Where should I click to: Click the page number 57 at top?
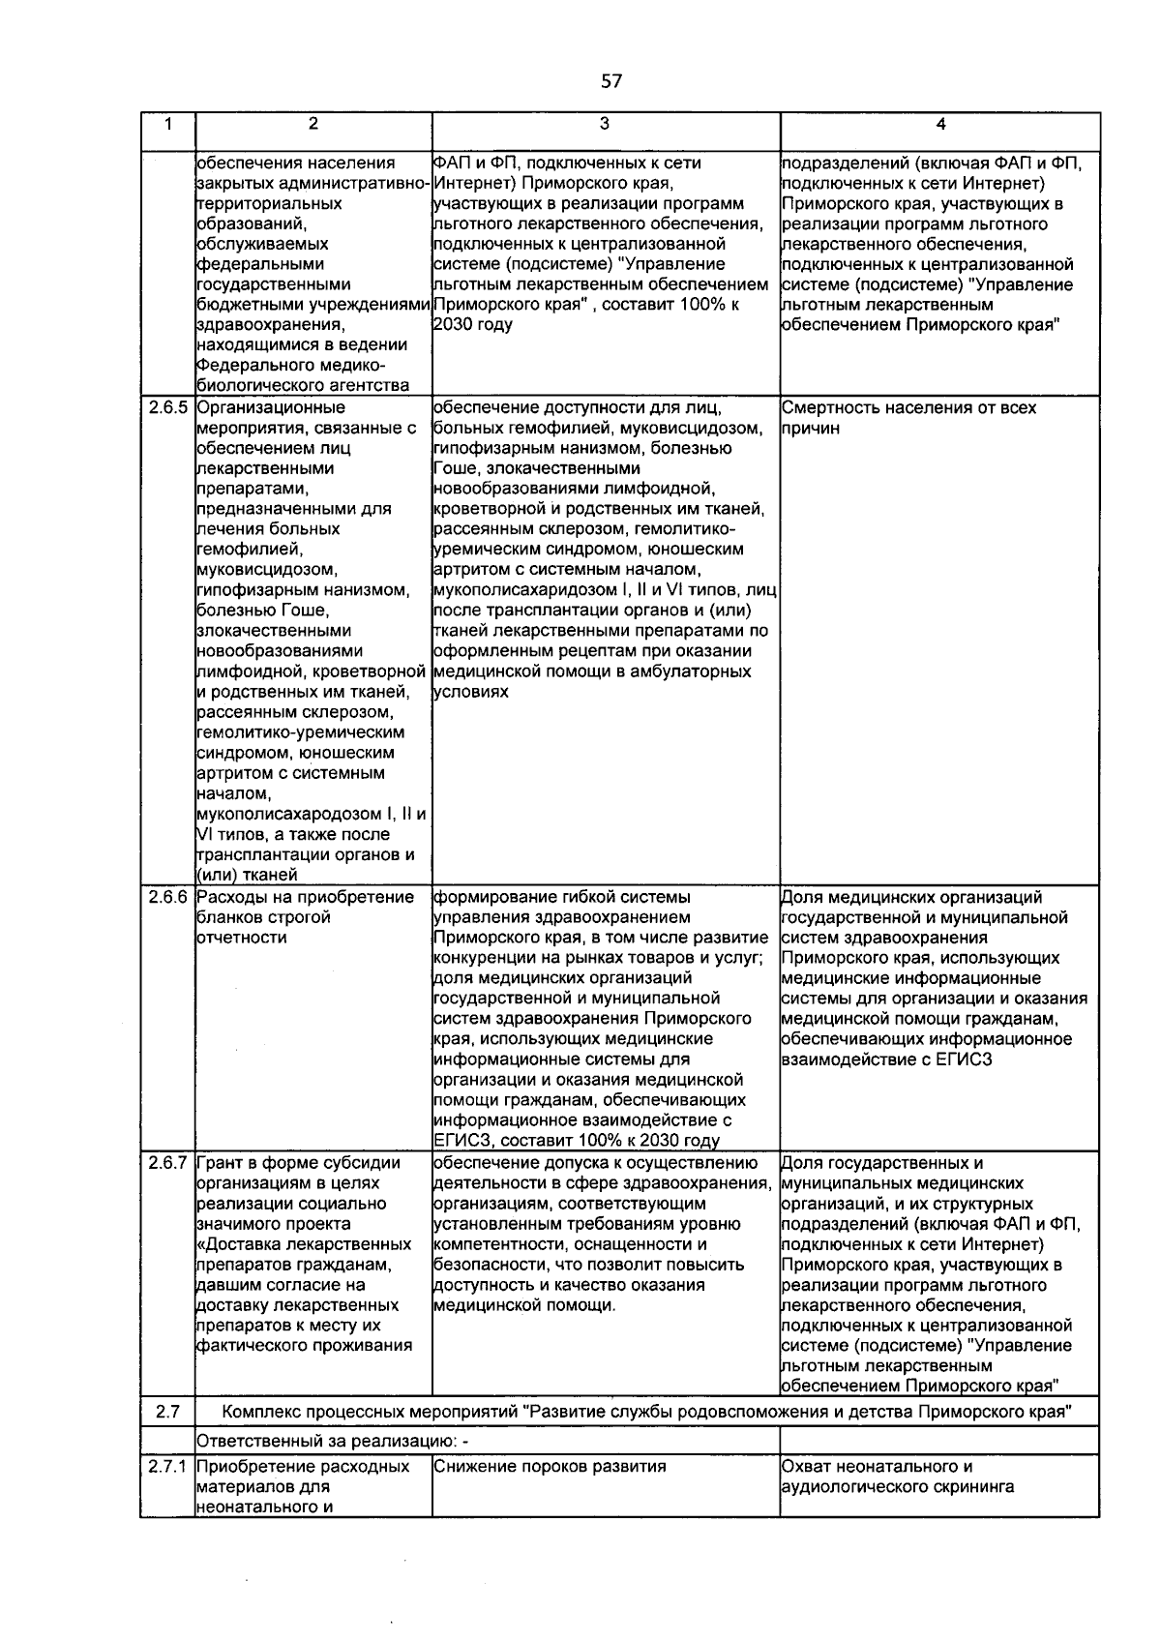pyautogui.click(x=611, y=81)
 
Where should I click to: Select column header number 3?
pyautogui.click(x=605, y=124)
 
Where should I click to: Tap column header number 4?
pyautogui.click(x=940, y=124)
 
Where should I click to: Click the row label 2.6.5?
pyautogui.click(x=167, y=407)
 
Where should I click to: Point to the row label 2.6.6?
pyautogui.click(x=167, y=897)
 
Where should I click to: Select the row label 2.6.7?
pyautogui.click(x=167, y=1163)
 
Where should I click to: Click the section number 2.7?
pyautogui.click(x=167, y=1412)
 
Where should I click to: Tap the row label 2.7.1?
pyautogui.click(x=167, y=1466)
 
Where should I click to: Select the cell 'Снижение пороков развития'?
pyautogui.click(x=550, y=1466)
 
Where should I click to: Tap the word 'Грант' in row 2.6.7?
pyautogui.click(x=220, y=1163)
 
